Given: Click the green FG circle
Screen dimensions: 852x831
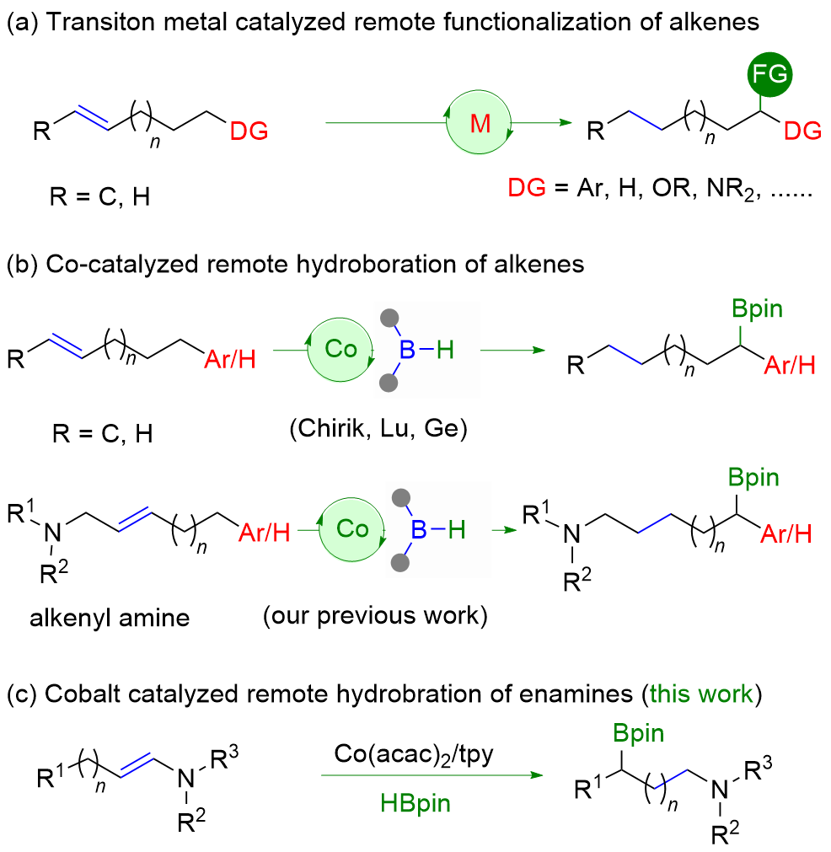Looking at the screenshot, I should (x=768, y=77).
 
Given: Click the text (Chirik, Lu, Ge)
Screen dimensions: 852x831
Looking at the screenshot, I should (x=378, y=428).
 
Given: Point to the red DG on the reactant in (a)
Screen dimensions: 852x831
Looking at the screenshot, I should (x=249, y=130).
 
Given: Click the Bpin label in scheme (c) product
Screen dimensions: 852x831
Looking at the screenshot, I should (x=636, y=732).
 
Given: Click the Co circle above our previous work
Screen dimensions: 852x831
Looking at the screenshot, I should (x=351, y=528).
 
